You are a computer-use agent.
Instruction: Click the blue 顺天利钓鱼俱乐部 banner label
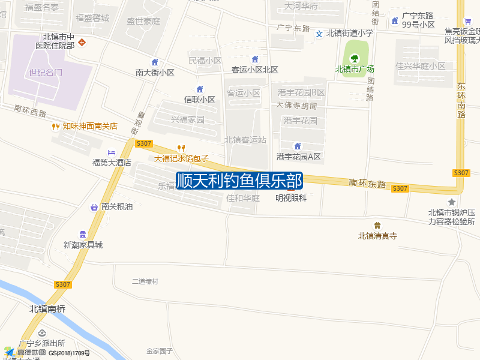point(239,181)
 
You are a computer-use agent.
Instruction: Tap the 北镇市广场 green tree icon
point(354,58)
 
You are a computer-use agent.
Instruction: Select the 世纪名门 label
point(46,73)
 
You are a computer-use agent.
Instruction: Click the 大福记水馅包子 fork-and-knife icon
point(181,148)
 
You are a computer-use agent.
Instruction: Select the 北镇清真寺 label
point(377,236)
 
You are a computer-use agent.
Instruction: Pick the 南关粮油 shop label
point(117,207)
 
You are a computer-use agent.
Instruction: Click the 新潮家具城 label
point(83,244)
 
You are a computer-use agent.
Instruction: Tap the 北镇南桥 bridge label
point(47,308)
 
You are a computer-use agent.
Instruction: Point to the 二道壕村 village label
point(145,281)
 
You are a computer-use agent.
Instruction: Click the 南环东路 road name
point(367,184)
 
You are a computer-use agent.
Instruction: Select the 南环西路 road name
point(30,112)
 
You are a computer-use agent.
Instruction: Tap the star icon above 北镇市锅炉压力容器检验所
point(452,202)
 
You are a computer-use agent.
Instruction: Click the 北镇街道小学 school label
point(350,34)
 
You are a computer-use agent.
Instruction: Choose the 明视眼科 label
point(291,197)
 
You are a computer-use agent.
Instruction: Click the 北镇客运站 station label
point(245,139)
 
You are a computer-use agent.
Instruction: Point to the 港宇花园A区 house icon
point(298,146)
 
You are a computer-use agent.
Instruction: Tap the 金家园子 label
point(160,351)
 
